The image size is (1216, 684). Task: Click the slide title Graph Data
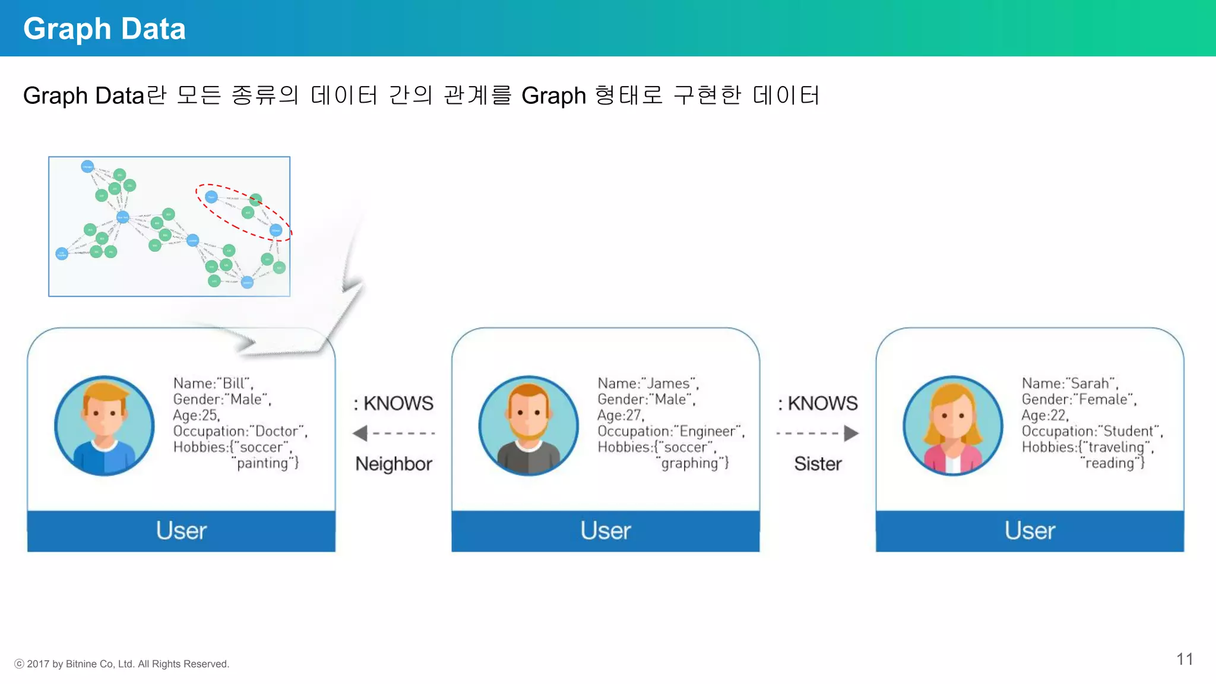pyautogui.click(x=104, y=28)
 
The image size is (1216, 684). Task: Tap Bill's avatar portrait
pyautogui.click(x=104, y=426)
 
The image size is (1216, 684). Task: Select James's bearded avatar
pyautogui.click(x=528, y=426)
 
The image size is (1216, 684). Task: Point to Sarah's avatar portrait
pyautogui.click(x=953, y=426)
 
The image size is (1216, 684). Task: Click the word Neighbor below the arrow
pyautogui.click(x=394, y=464)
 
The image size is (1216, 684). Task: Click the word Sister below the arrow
pyautogui.click(x=818, y=464)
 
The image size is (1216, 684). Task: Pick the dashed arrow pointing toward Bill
pyautogui.click(x=394, y=433)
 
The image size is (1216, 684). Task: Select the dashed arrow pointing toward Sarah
pyautogui.click(x=818, y=433)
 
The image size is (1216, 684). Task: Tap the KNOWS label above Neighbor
pyautogui.click(x=398, y=404)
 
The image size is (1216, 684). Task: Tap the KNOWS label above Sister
pyautogui.click(x=822, y=404)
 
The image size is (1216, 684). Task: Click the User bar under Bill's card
pyautogui.click(x=181, y=531)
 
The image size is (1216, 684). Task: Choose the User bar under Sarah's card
pyautogui.click(x=1030, y=531)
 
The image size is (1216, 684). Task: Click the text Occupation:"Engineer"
pyautogui.click(x=670, y=432)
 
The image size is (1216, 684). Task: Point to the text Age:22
pyautogui.click(x=1044, y=416)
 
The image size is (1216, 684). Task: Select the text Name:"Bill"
pyautogui.click(x=213, y=384)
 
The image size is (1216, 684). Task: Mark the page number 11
pyautogui.click(x=1185, y=659)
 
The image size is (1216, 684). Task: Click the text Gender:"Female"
pyautogui.click(x=1078, y=400)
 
